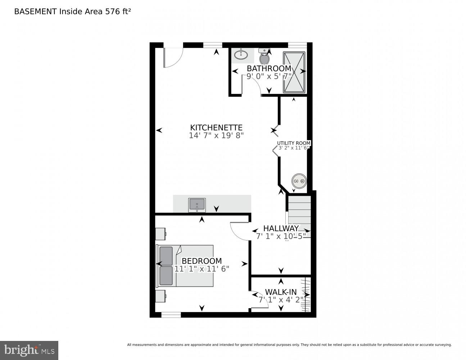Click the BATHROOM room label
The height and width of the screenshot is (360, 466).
coord(269,68)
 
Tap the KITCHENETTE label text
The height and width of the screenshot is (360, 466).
coord(216,127)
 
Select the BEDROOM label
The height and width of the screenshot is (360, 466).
coord(202,261)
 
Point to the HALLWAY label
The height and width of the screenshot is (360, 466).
coord(281,228)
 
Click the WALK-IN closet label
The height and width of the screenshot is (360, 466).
coord(281,292)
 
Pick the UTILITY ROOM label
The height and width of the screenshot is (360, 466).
coord(294,143)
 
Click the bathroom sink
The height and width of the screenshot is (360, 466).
coord(241,55)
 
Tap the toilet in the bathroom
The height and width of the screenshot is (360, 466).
coord(264,57)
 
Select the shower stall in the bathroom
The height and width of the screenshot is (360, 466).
coord(294,72)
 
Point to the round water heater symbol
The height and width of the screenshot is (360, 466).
coord(299,181)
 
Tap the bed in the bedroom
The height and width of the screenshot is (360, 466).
coord(185,266)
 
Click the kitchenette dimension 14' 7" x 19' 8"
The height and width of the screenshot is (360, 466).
coord(216,136)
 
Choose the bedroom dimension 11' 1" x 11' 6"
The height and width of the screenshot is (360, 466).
coord(202,269)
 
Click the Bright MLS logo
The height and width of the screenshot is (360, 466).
coord(29,350)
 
